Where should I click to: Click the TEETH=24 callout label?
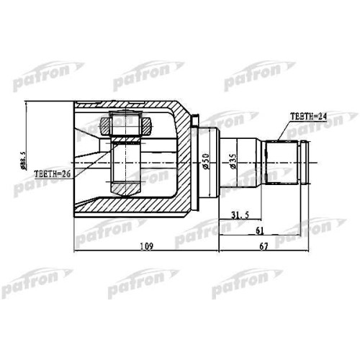308,117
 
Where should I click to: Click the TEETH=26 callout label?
53,174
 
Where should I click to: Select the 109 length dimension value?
146,246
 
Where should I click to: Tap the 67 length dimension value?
264,246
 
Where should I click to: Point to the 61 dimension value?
260,230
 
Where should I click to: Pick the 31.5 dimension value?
240,215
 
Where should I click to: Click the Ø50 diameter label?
206,161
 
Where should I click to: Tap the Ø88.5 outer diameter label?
23,161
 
